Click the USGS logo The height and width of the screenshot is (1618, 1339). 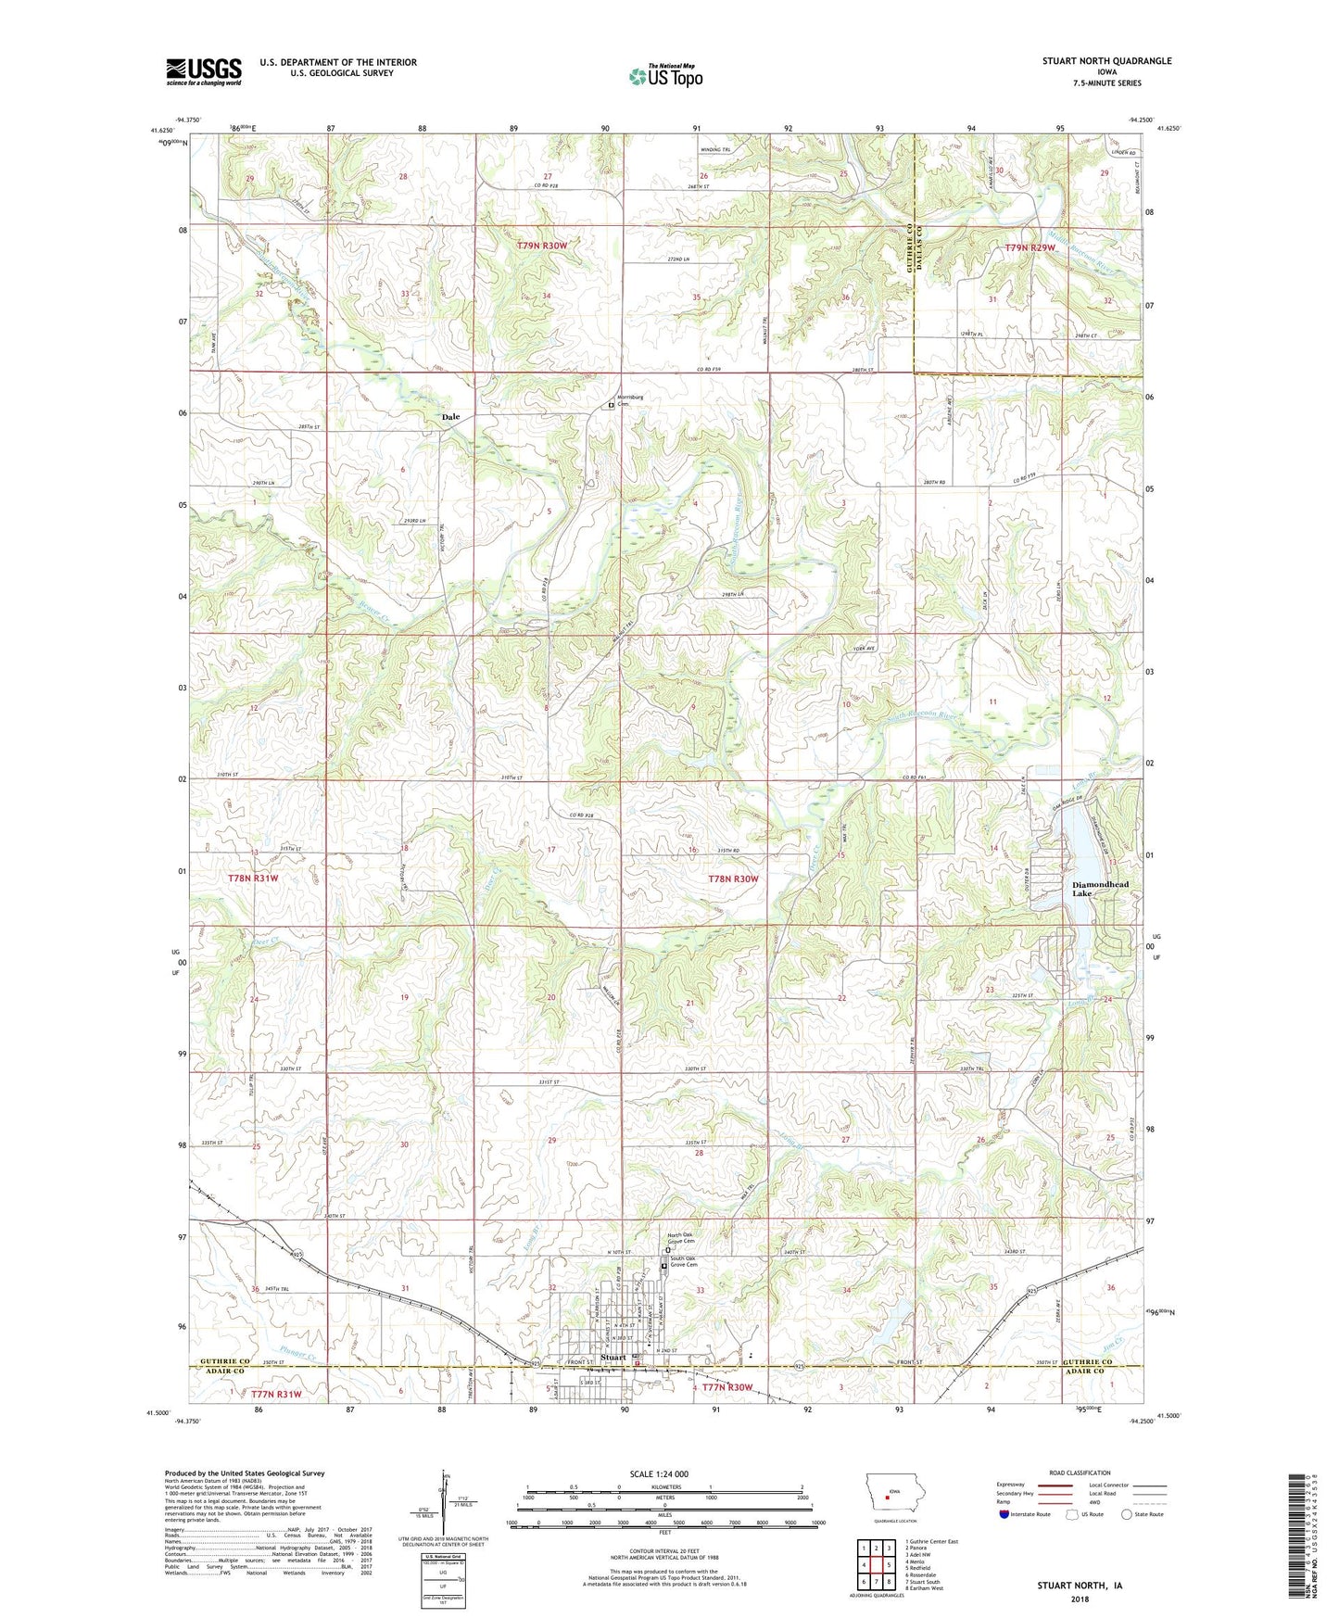(203, 71)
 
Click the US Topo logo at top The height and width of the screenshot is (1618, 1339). (665, 76)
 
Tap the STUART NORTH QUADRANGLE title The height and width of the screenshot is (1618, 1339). (1106, 61)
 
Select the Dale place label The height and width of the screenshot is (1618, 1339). (450, 417)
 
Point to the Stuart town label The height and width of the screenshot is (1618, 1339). (613, 1358)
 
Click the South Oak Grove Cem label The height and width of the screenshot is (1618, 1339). (688, 1261)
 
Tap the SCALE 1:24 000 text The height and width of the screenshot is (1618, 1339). (658, 1473)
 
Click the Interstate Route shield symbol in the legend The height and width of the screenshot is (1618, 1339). (1005, 1514)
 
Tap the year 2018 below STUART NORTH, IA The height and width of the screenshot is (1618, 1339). (1079, 1599)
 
